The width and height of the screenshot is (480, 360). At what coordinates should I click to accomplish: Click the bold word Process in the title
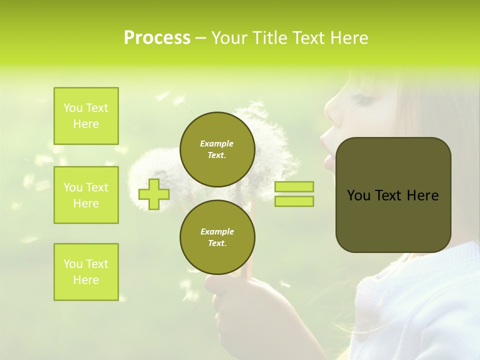tap(157, 38)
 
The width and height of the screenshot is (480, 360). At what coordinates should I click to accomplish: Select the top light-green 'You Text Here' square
tap(86, 116)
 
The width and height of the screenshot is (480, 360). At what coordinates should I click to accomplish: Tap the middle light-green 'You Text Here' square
tap(86, 195)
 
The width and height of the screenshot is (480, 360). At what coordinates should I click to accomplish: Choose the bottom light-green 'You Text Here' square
tap(86, 272)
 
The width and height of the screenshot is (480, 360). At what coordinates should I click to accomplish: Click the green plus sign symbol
tap(154, 194)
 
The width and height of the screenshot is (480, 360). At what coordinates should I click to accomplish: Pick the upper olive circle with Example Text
tap(217, 149)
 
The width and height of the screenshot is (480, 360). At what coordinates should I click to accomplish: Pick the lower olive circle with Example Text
tap(217, 237)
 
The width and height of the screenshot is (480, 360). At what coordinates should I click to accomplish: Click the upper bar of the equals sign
tap(294, 186)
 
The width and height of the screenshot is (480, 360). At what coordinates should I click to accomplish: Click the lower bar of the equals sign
tap(294, 201)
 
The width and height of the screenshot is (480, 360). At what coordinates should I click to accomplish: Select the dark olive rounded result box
tap(393, 195)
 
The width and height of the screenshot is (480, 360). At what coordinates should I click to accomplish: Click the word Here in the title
tap(348, 38)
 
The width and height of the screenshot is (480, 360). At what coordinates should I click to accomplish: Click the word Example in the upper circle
tap(217, 143)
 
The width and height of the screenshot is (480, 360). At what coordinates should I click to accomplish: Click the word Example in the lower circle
tap(217, 231)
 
